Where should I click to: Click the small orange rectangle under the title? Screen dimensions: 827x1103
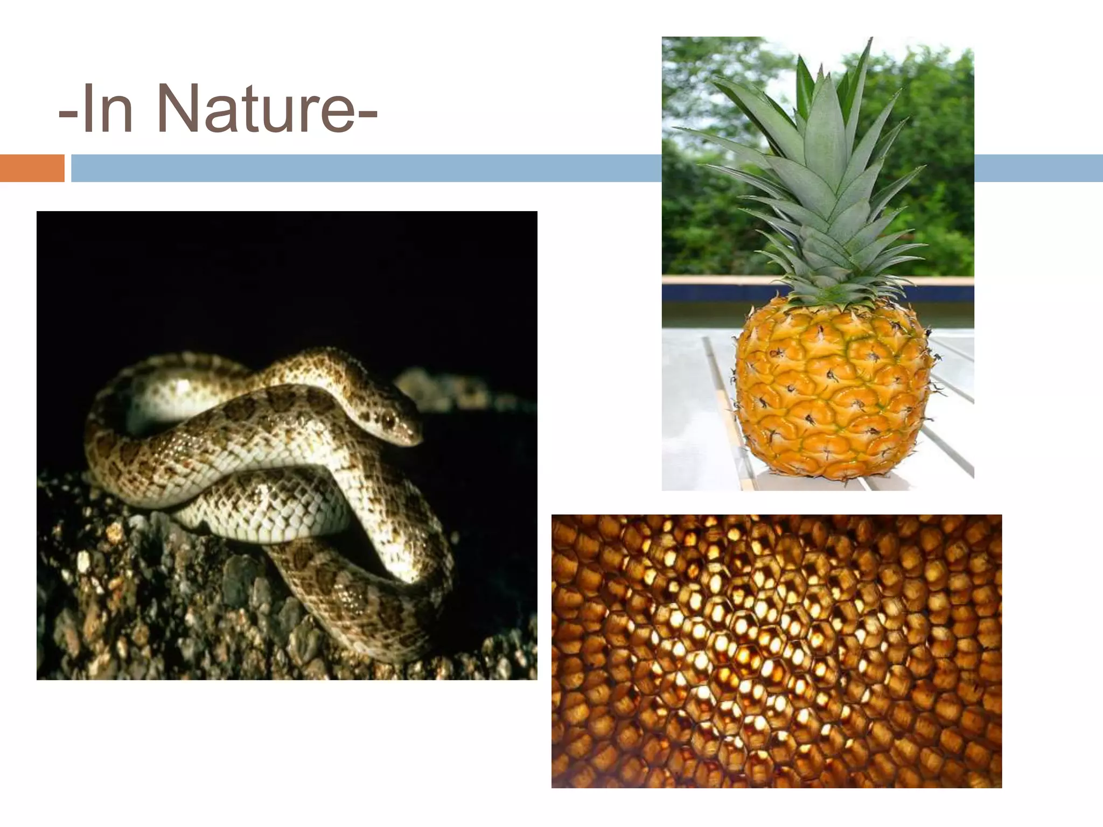[32, 168]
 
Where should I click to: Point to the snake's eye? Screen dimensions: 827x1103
[388, 417]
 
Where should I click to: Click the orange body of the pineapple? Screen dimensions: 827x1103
[832, 393]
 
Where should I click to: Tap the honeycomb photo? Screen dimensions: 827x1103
[776, 651]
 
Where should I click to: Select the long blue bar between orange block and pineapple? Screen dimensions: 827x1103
[366, 168]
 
